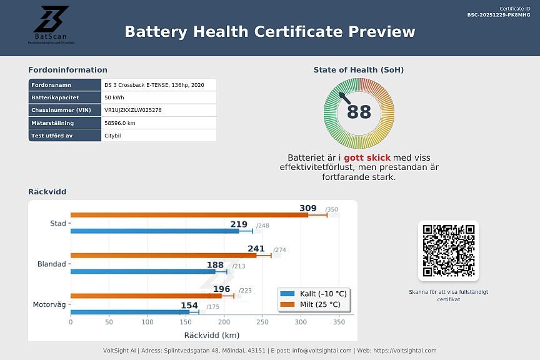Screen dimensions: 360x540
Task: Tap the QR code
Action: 448,251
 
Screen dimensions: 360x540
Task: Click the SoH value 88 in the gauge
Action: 359,112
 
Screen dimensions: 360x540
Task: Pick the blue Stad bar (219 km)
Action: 154,231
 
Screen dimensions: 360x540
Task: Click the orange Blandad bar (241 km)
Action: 163,255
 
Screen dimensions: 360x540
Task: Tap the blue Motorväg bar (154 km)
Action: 129,312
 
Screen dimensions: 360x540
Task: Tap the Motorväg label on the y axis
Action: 49,304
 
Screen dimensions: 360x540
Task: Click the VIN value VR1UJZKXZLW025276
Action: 133,110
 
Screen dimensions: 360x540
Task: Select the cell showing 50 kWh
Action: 114,97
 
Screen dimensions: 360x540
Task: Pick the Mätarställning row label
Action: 52,123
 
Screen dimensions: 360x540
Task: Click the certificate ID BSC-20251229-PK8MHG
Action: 498,14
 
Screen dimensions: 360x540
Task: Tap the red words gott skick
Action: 367,157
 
